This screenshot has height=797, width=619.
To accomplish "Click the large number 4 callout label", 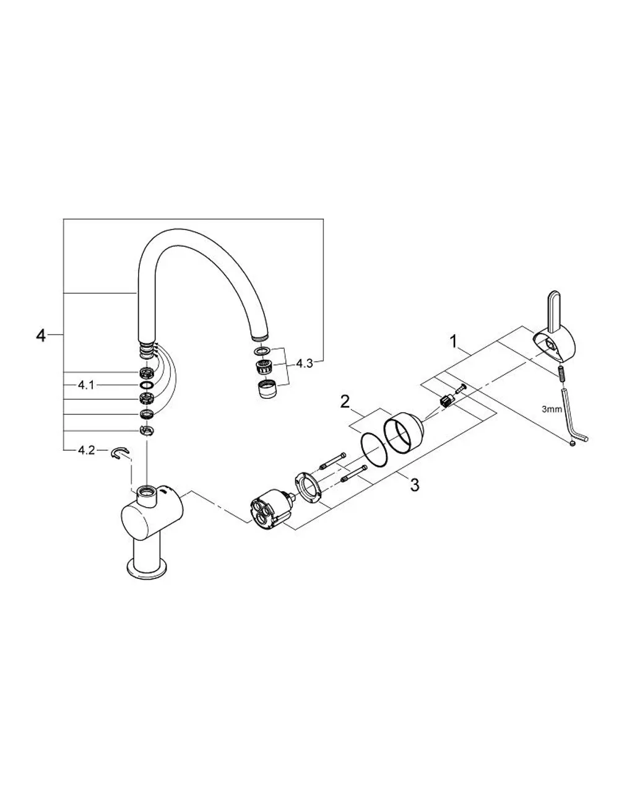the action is pos(41,335).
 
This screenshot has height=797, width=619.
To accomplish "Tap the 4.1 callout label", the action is pos(86,385).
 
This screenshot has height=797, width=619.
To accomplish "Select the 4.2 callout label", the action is pos(86,450).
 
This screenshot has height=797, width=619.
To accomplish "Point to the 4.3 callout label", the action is pos(305,364).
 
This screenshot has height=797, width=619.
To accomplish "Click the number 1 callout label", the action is pos(454,342).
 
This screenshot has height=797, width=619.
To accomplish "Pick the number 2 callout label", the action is pos(345,402).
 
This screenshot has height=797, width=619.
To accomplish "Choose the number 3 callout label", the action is pos(415,485).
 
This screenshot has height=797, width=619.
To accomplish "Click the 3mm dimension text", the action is pos(552,409).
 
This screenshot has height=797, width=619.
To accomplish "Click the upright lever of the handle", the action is pos(553,310).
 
